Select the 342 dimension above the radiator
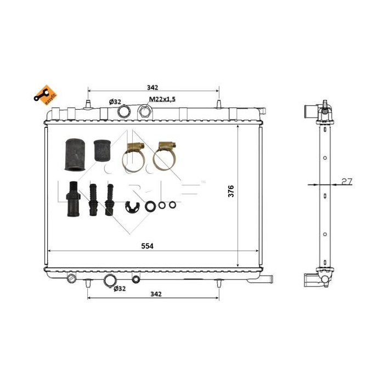click(x=153, y=87)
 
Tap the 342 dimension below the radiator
click(x=155, y=295)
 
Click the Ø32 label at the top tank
click(x=115, y=101)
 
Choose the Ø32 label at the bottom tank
click(x=120, y=289)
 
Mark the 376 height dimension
click(x=231, y=191)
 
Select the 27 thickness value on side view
click(x=346, y=182)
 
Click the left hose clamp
click(x=133, y=156)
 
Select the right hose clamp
click(x=165, y=156)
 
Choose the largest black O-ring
click(x=150, y=206)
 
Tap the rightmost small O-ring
click(x=172, y=206)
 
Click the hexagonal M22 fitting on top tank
click(x=144, y=112)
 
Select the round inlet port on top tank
click(x=124, y=112)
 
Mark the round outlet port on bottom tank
click(x=110, y=281)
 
